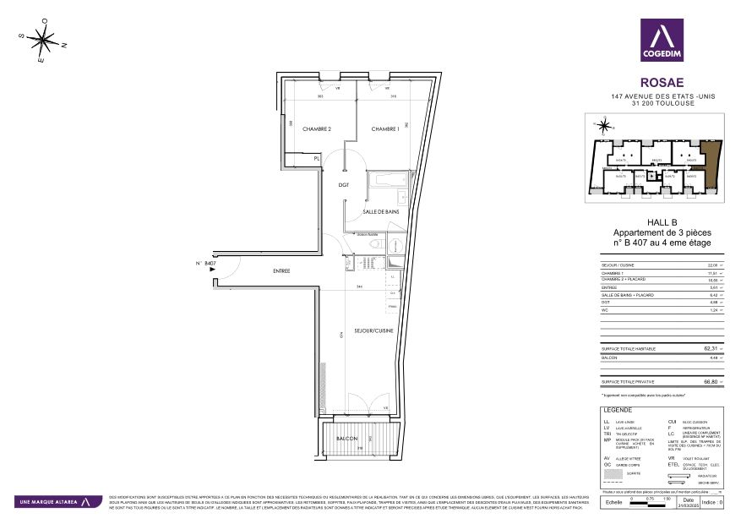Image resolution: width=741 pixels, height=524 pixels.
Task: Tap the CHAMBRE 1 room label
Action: pyautogui.click(x=384, y=128)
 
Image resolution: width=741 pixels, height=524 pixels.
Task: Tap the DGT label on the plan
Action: pyautogui.click(x=344, y=184)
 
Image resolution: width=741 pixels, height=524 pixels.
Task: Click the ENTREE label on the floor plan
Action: pyautogui.click(x=281, y=271)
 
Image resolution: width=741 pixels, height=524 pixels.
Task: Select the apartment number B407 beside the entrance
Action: pyautogui.click(x=206, y=264)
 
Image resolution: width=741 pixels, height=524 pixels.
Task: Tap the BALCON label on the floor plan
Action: pyautogui.click(x=346, y=439)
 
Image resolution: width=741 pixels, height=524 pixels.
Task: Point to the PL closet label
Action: pyautogui.click(x=317, y=158)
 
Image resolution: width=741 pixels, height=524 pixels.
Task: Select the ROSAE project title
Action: pyautogui.click(x=662, y=83)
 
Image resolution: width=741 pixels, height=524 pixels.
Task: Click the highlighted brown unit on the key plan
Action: pyautogui.click(x=711, y=165)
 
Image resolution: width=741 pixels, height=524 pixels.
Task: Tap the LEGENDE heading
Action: pyautogui.click(x=617, y=409)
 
